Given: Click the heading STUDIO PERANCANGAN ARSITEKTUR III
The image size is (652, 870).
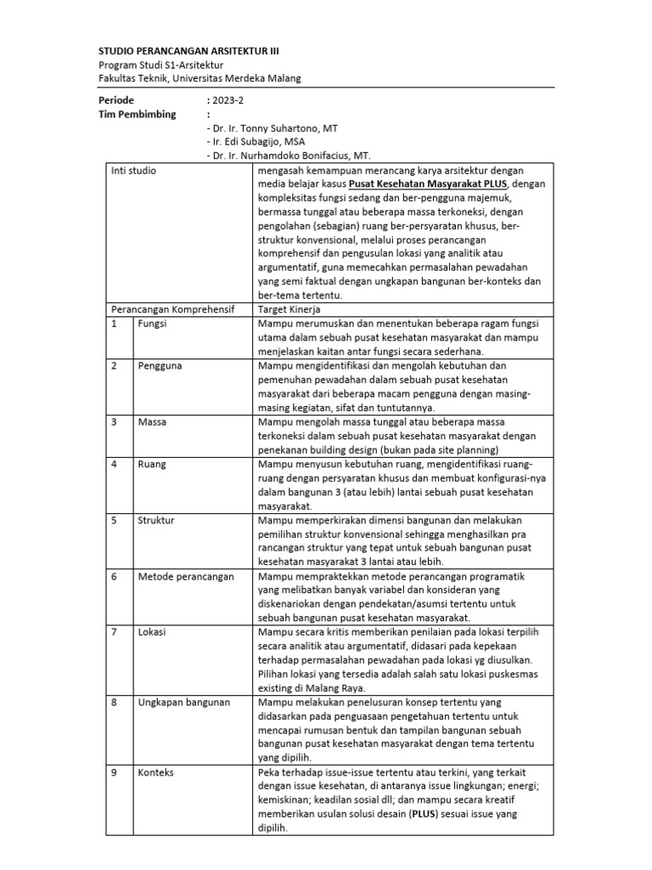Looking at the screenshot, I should pyautogui.click(x=188, y=50).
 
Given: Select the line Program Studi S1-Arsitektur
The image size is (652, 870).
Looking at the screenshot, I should pyautogui.click(x=160, y=65).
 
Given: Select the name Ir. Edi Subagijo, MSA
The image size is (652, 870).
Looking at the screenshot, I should pyautogui.click(x=256, y=142).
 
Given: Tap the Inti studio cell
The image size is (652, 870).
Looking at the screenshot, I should pyautogui.click(x=134, y=171).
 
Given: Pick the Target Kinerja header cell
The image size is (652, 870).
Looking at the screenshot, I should pyautogui.click(x=289, y=309).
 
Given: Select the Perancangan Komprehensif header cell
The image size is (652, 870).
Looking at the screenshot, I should pyautogui.click(x=172, y=309).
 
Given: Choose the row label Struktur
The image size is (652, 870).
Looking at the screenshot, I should pyautogui.click(x=155, y=521).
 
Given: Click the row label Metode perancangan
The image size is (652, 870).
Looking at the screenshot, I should pyautogui.click(x=185, y=576).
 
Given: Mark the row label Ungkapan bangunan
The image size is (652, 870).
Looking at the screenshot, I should pyautogui.click(x=183, y=702).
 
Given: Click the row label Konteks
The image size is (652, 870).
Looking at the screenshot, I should pyautogui.click(x=155, y=771).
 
